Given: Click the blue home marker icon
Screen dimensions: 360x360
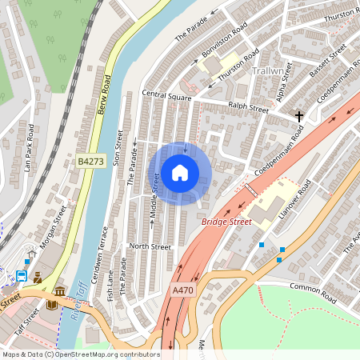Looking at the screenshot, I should click(x=180, y=172).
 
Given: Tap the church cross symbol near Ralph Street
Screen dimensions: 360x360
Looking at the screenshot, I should click(x=299, y=117).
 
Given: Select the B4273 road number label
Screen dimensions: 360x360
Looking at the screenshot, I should click(x=91, y=162).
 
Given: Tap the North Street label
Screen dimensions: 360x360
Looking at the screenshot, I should click(x=150, y=247).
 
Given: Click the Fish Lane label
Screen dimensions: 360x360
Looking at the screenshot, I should click(x=110, y=284).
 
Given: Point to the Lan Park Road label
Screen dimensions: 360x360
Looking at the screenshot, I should click(x=29, y=148).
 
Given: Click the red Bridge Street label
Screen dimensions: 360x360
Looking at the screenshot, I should click(x=226, y=220).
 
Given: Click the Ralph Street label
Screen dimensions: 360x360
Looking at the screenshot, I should click(x=248, y=106).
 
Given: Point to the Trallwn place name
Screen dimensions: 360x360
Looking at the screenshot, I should click(x=266, y=71).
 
